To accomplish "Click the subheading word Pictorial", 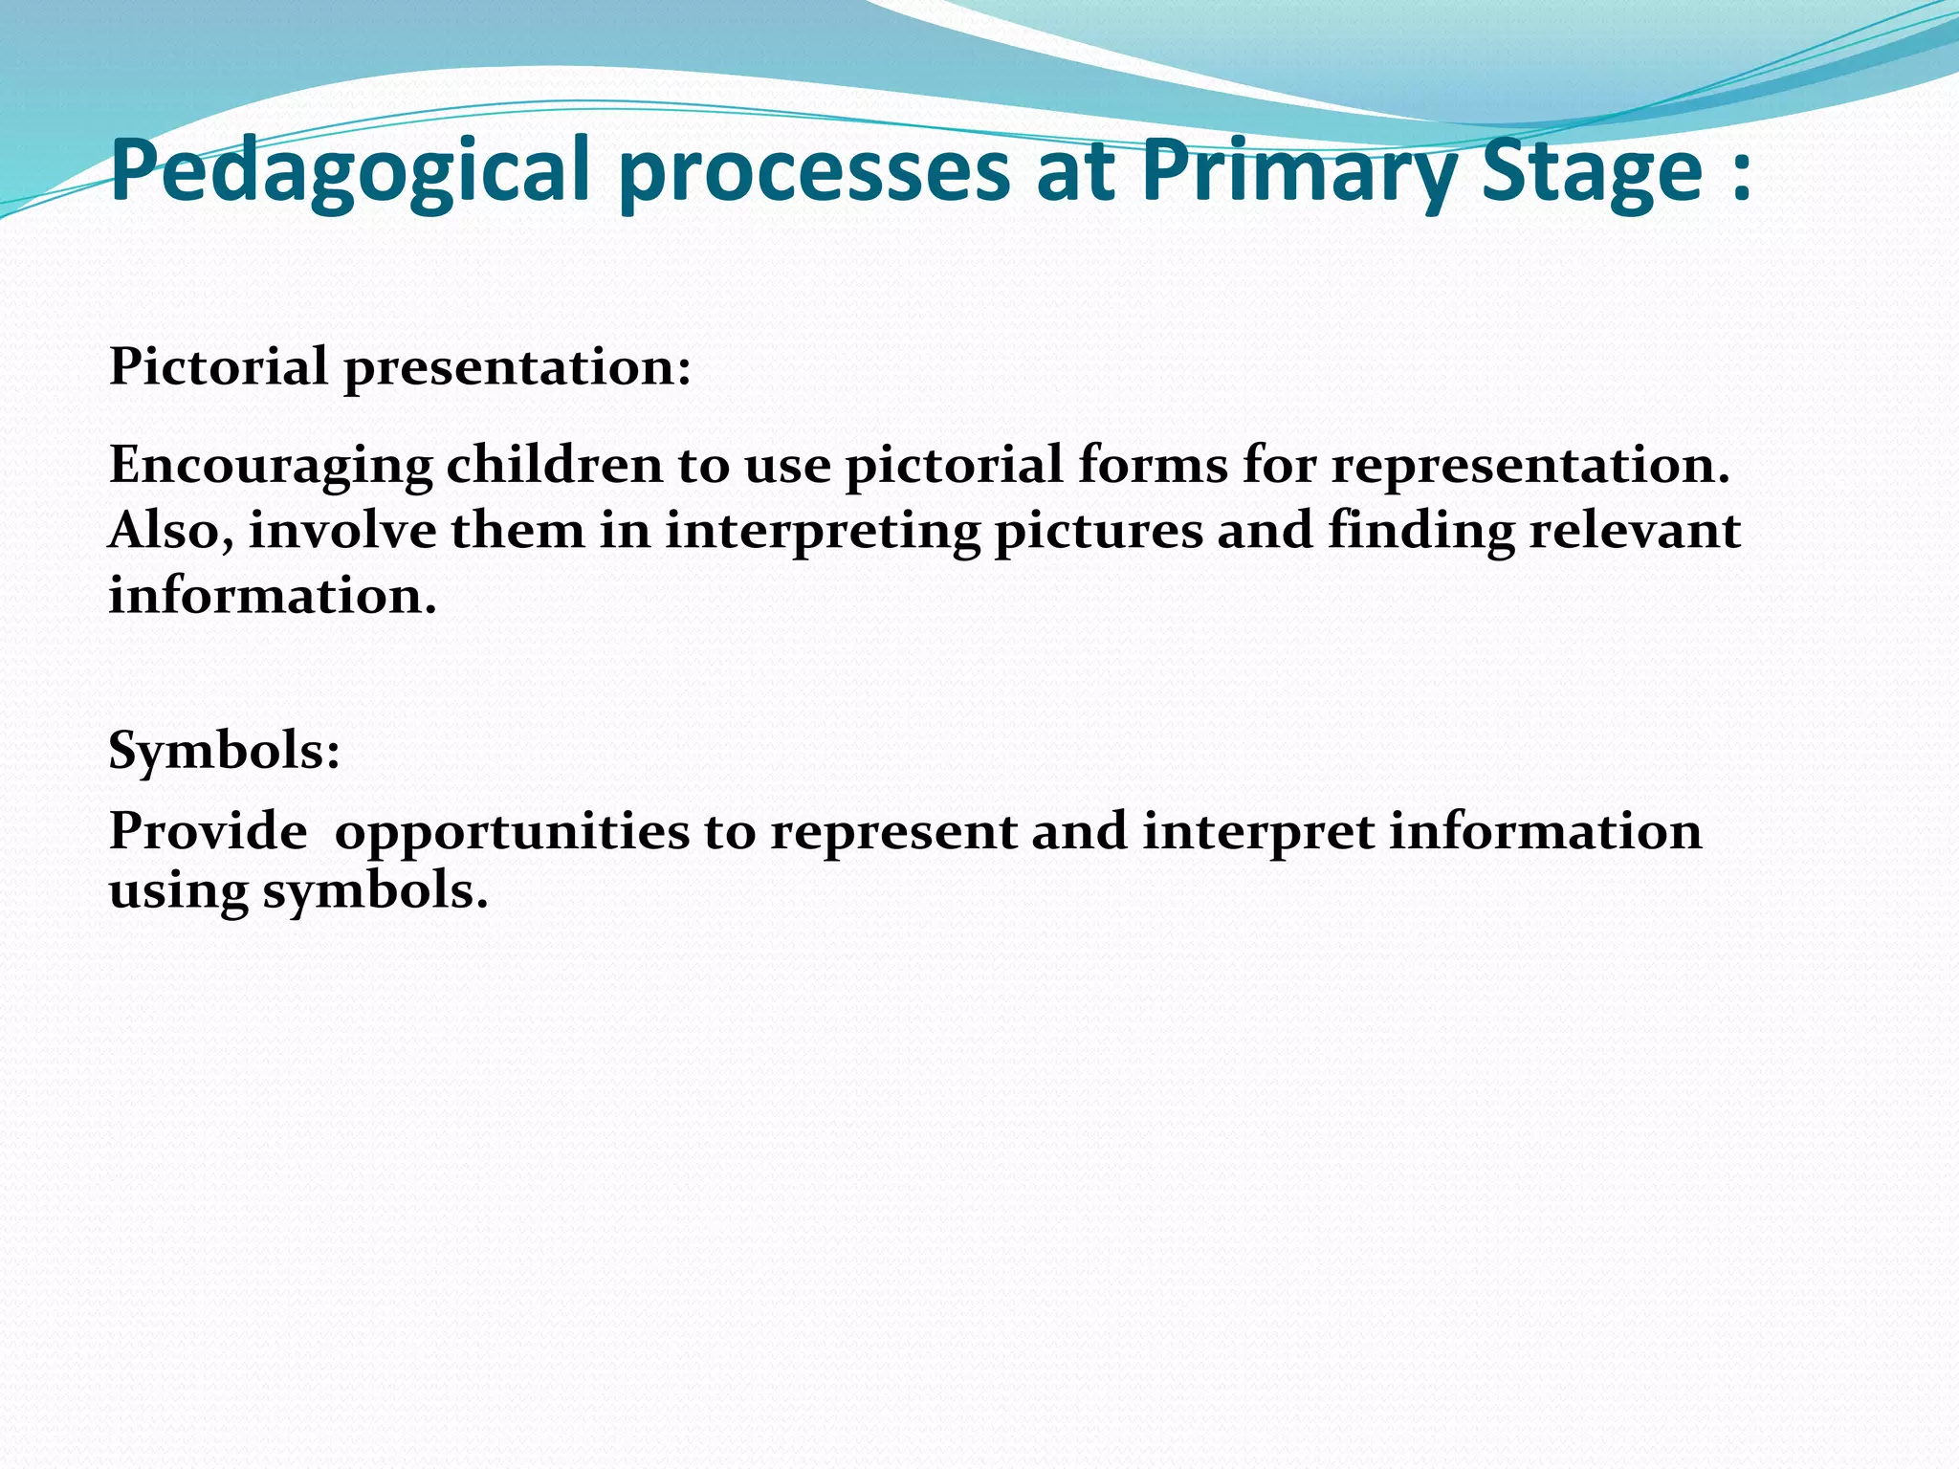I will pos(218,366).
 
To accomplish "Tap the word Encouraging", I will pos(271,466).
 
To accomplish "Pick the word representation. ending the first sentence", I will pos(1530,466).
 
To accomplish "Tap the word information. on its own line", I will pos(273,596).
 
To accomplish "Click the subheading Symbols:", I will pos(224,751).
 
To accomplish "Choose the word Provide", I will pos(208,830).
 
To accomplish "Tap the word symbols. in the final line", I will pos(375,892).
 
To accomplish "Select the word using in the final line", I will pos(178,892).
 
